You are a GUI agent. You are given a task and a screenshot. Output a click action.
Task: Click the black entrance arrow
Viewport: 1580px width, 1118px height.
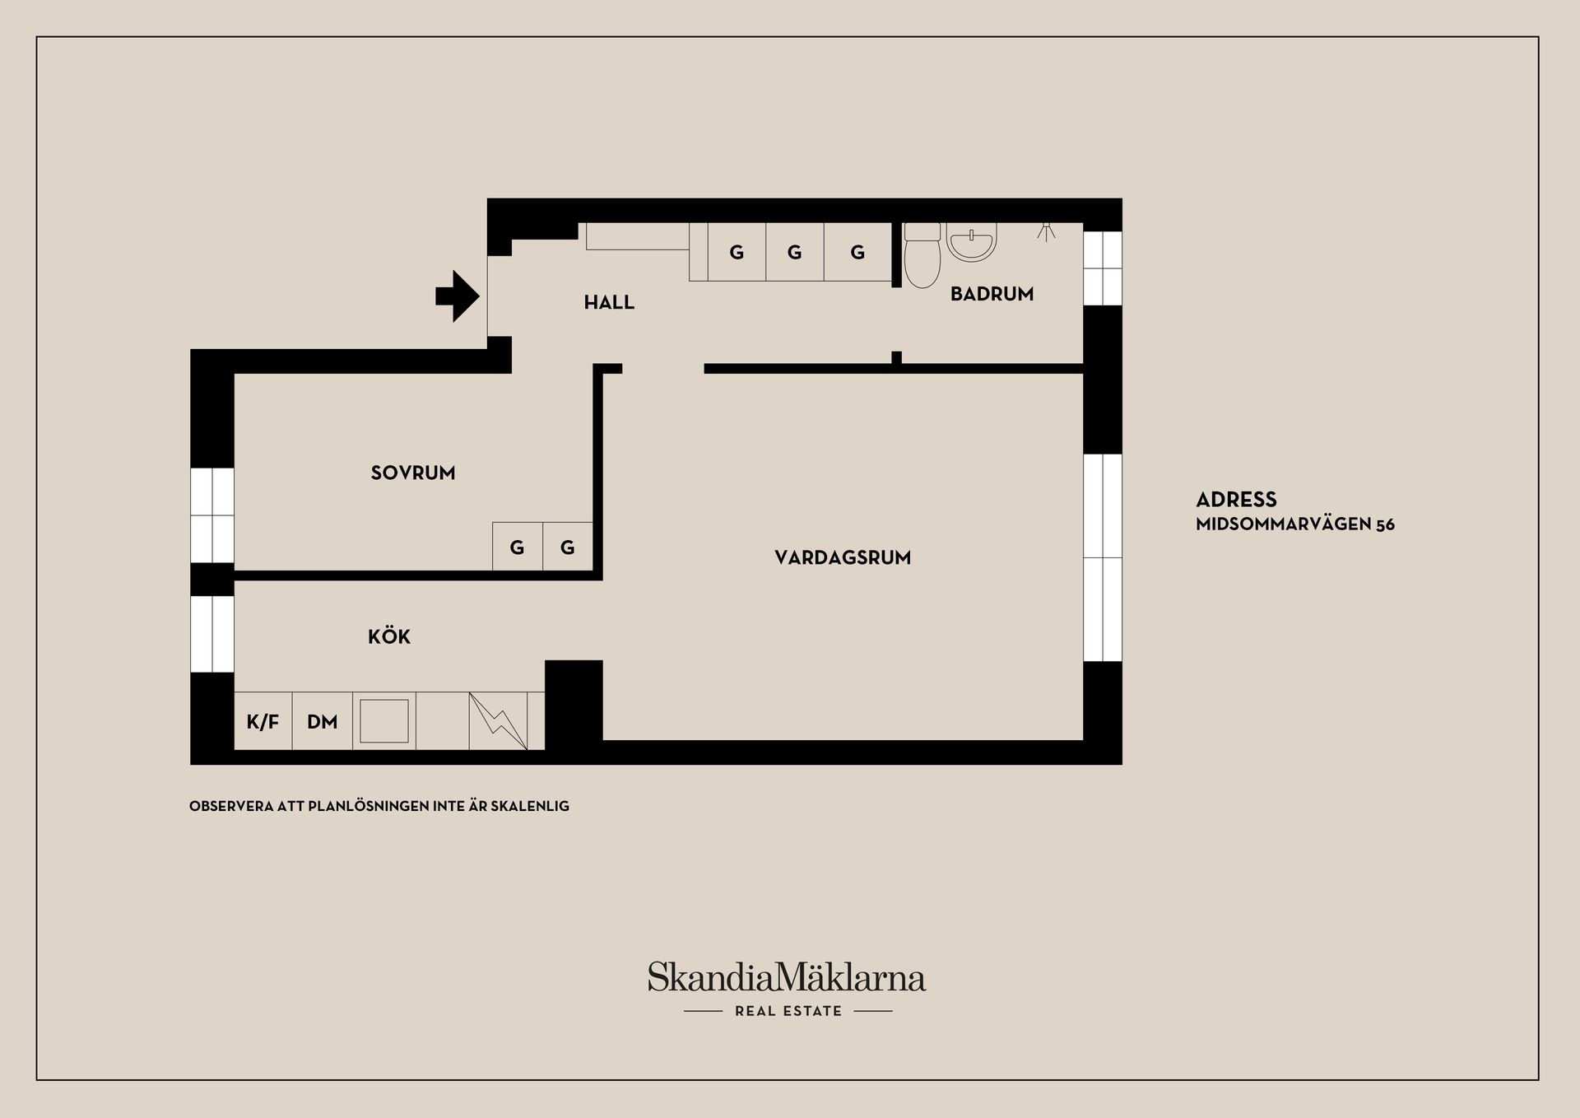coord(458,296)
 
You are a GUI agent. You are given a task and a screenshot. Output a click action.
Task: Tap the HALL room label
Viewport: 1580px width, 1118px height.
coord(609,302)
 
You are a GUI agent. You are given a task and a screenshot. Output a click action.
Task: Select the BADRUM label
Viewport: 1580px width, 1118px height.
coord(992,294)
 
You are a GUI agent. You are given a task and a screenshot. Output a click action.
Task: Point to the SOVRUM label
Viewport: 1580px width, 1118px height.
coord(413,473)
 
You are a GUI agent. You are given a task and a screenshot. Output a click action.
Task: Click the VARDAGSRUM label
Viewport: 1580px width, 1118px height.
coord(843,557)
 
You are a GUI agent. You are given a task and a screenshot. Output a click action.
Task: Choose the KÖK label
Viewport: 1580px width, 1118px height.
coord(389,636)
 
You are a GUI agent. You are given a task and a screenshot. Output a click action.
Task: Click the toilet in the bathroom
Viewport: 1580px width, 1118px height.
coord(922,254)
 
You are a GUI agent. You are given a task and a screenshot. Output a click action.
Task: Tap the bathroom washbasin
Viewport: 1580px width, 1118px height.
coord(972,241)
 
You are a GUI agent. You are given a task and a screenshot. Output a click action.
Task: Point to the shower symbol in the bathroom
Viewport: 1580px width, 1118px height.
coord(1046,230)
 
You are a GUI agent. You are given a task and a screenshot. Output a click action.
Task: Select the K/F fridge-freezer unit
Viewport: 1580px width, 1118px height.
coord(263,721)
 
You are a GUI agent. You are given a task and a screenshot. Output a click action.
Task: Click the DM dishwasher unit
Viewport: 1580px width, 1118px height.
coord(323,721)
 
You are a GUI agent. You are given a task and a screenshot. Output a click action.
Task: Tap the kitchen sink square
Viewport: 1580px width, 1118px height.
coord(384,721)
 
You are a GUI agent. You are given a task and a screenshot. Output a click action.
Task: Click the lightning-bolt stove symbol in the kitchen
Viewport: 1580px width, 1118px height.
coord(498,721)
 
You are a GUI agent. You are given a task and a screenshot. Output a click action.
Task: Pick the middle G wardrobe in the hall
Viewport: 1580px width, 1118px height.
coord(795,252)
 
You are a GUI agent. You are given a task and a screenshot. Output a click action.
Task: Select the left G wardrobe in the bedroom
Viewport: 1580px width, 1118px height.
coord(518,547)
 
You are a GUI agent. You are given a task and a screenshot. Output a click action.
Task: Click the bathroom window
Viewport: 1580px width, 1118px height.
coord(1103,268)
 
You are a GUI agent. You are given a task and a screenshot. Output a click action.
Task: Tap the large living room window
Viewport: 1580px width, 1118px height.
coord(1103,557)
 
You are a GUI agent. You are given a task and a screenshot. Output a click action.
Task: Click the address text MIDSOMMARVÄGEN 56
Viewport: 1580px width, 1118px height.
coord(1295,524)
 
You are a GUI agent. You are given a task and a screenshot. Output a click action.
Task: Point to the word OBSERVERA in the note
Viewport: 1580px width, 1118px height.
coord(231,806)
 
